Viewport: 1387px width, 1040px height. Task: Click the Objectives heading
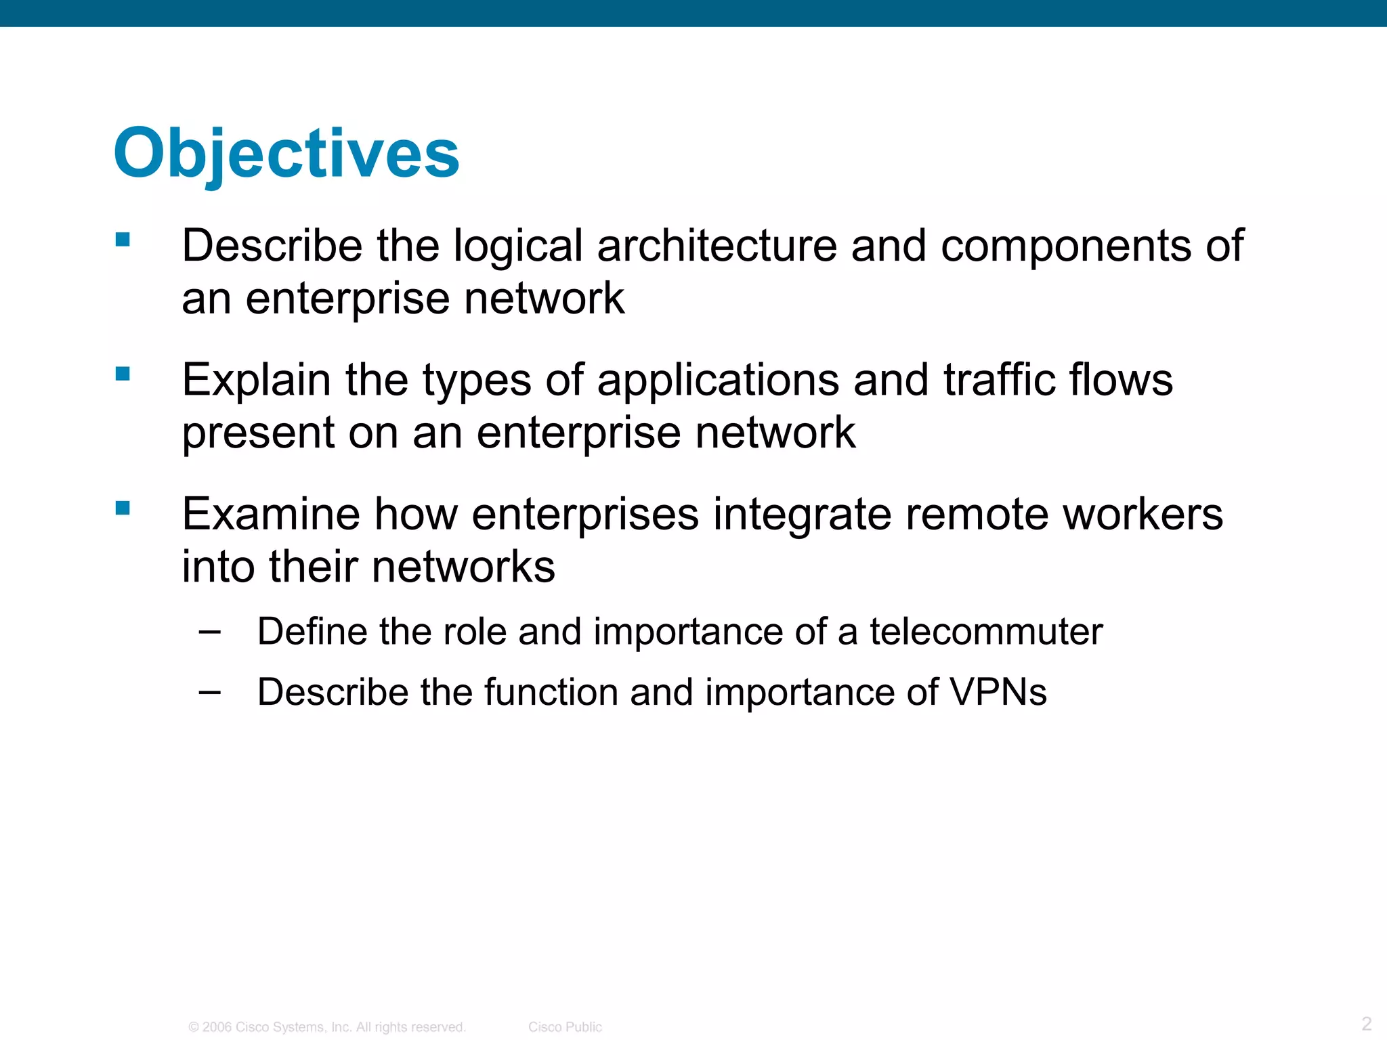(286, 154)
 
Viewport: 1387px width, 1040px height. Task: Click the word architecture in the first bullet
(717, 245)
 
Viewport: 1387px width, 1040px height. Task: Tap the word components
(1066, 245)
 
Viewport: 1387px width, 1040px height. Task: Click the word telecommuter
(986, 632)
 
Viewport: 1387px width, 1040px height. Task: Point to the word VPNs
(998, 692)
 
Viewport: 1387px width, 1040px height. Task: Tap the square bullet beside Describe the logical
(123, 240)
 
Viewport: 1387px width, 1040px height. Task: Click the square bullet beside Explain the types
(123, 374)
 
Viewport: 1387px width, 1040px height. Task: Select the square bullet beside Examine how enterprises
(123, 508)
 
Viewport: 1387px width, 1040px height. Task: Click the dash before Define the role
(209, 632)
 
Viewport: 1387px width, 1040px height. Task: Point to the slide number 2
(1366, 1023)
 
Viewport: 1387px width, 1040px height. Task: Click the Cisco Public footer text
(565, 1027)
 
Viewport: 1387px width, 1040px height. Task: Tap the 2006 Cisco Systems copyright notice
(327, 1027)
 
